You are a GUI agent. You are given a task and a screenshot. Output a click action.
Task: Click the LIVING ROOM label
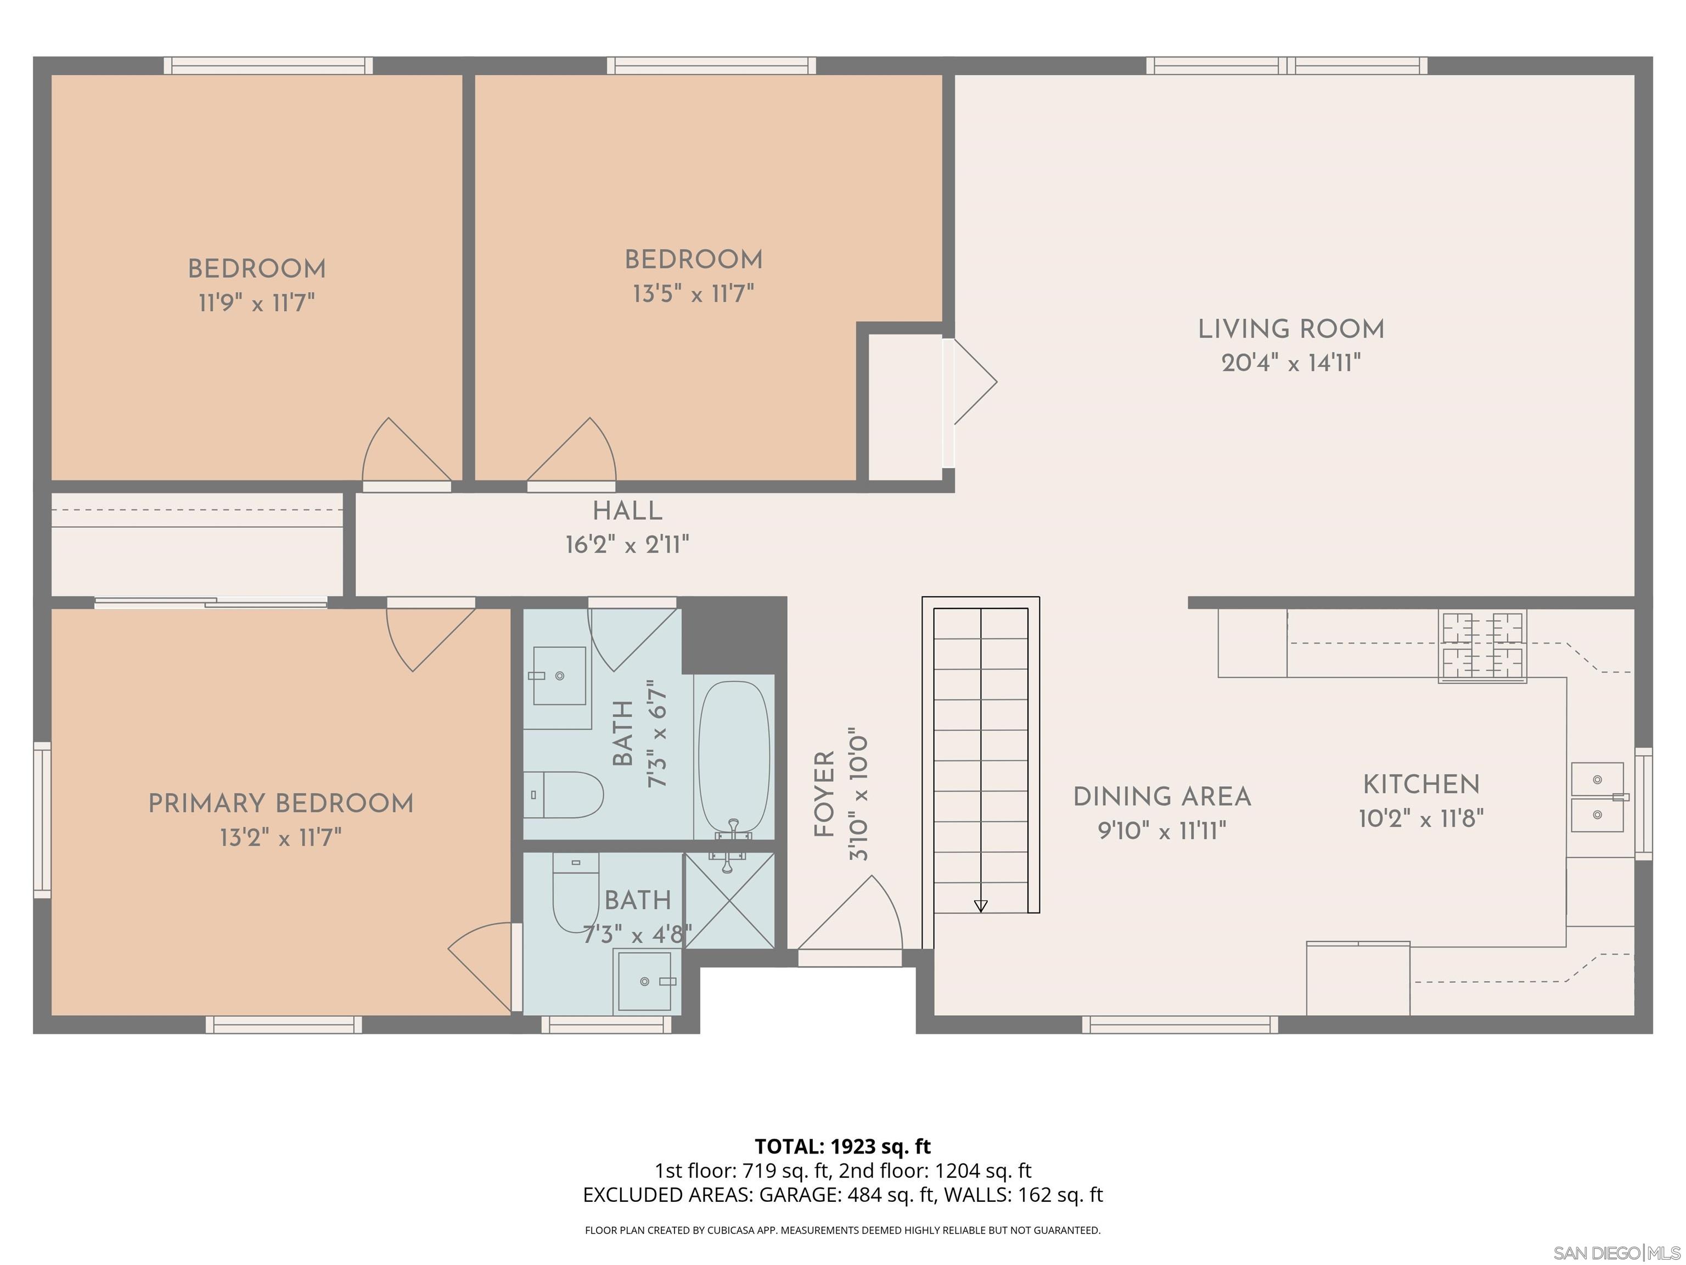(x=1290, y=329)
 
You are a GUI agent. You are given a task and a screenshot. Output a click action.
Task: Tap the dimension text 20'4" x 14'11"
(x=1290, y=363)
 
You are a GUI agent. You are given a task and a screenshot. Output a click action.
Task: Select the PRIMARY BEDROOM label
(x=280, y=804)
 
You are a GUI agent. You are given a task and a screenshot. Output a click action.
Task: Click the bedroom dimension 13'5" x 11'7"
(x=693, y=294)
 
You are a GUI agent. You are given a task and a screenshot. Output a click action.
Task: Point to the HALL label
(x=627, y=511)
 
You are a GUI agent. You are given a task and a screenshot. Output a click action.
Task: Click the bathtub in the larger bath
(x=733, y=757)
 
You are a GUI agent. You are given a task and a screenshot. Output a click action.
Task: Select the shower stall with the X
(x=729, y=900)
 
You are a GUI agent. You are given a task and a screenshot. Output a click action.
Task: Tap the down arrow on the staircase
(x=980, y=906)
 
